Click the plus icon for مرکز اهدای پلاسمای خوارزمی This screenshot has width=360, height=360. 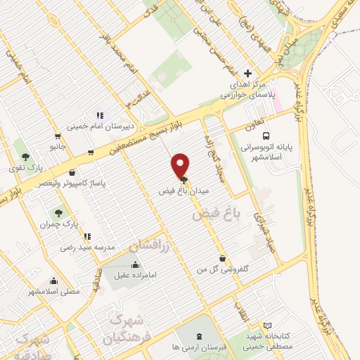click(247, 73)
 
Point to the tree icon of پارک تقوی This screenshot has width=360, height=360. click(26, 157)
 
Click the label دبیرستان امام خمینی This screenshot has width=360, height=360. click(96, 127)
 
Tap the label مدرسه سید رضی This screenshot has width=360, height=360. click(82, 247)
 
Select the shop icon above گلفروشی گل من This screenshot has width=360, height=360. click(222, 258)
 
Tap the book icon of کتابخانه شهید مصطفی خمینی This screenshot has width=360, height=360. click(266, 326)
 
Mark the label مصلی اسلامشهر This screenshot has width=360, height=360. click(54, 290)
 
